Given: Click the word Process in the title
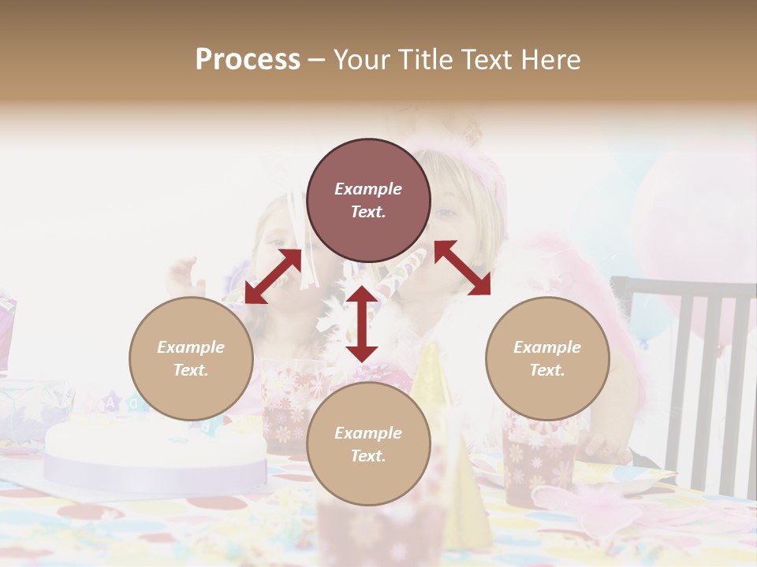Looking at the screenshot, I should [x=248, y=59].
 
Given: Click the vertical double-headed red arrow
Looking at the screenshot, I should [x=362, y=324].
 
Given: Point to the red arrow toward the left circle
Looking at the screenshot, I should [x=273, y=276].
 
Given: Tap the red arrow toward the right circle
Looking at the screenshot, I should [x=462, y=268].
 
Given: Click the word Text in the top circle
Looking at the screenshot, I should [x=368, y=212].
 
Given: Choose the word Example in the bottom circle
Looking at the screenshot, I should [x=368, y=432].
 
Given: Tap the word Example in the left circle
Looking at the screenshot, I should [x=191, y=346].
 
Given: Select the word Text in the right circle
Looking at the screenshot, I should [x=547, y=369].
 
